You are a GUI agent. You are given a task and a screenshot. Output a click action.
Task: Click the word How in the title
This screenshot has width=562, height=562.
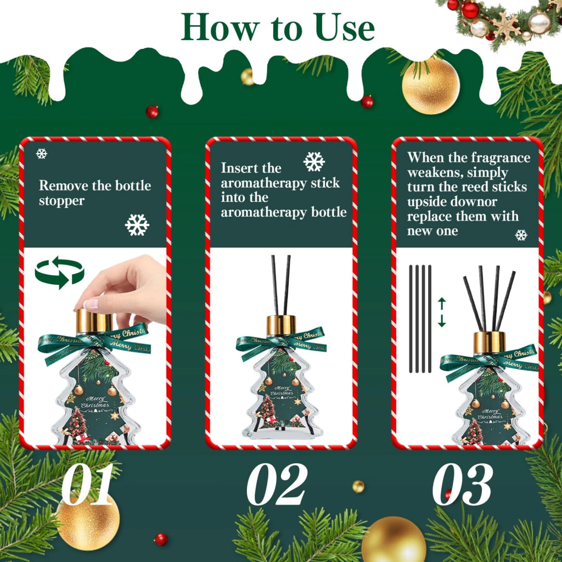[220, 27]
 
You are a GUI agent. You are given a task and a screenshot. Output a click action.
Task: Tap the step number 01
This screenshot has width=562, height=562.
[87, 484]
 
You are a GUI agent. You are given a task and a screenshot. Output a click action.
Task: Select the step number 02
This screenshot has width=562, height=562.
[277, 484]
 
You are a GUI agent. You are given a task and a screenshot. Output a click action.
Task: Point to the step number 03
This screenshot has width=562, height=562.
[462, 484]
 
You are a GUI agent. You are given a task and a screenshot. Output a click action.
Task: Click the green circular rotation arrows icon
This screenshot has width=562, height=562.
[59, 272]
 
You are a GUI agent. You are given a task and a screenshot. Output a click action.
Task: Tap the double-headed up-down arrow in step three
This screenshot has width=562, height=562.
[442, 312]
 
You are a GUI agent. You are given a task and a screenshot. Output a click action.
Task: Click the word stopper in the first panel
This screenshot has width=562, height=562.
[61, 201]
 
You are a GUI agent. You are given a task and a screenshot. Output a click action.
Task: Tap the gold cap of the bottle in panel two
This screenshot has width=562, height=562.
[281, 325]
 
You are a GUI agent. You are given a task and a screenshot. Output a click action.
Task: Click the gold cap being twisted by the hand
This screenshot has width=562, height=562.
[94, 321]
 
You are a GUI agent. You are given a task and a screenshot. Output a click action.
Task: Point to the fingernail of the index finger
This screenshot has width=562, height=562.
[91, 304]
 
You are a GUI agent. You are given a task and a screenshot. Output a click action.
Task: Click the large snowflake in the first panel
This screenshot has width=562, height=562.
[137, 225]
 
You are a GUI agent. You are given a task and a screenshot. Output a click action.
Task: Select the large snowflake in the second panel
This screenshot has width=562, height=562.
[314, 161]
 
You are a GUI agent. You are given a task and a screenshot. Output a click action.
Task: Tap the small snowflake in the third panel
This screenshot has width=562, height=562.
[521, 235]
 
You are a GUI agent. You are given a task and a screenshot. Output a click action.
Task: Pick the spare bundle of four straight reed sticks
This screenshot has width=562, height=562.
[420, 319]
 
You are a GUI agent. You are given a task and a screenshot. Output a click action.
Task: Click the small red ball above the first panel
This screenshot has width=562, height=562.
[152, 112]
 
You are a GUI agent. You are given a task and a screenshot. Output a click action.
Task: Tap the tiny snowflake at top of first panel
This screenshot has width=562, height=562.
[42, 154]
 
